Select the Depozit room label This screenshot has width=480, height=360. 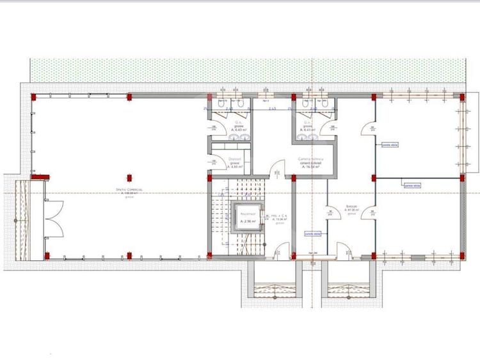[x=235, y=161]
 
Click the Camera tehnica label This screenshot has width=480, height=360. [x=311, y=159]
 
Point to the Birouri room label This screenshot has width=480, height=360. [x=351, y=207]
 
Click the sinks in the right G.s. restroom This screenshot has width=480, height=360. [x=306, y=136]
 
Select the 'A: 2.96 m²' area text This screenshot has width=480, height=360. [x=248, y=221]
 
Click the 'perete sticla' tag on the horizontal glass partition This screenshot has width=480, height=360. [x=412, y=185]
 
